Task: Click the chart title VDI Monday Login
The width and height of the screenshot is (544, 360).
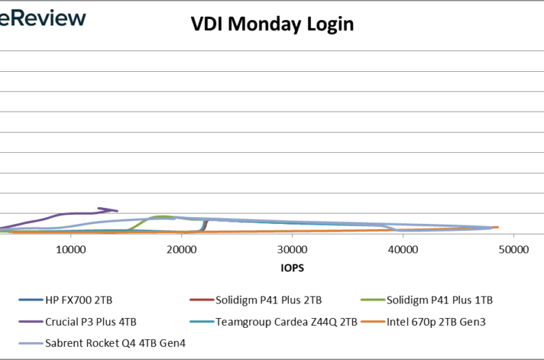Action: tap(272, 24)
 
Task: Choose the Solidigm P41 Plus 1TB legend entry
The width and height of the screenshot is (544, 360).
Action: tap(439, 301)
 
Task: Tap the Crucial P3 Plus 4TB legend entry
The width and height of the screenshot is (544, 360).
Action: tap(91, 322)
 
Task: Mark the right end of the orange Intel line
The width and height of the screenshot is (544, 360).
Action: tap(497, 227)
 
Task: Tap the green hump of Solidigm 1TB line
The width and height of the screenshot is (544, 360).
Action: tap(162, 217)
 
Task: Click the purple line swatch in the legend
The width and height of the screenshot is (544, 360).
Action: tap(29, 322)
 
